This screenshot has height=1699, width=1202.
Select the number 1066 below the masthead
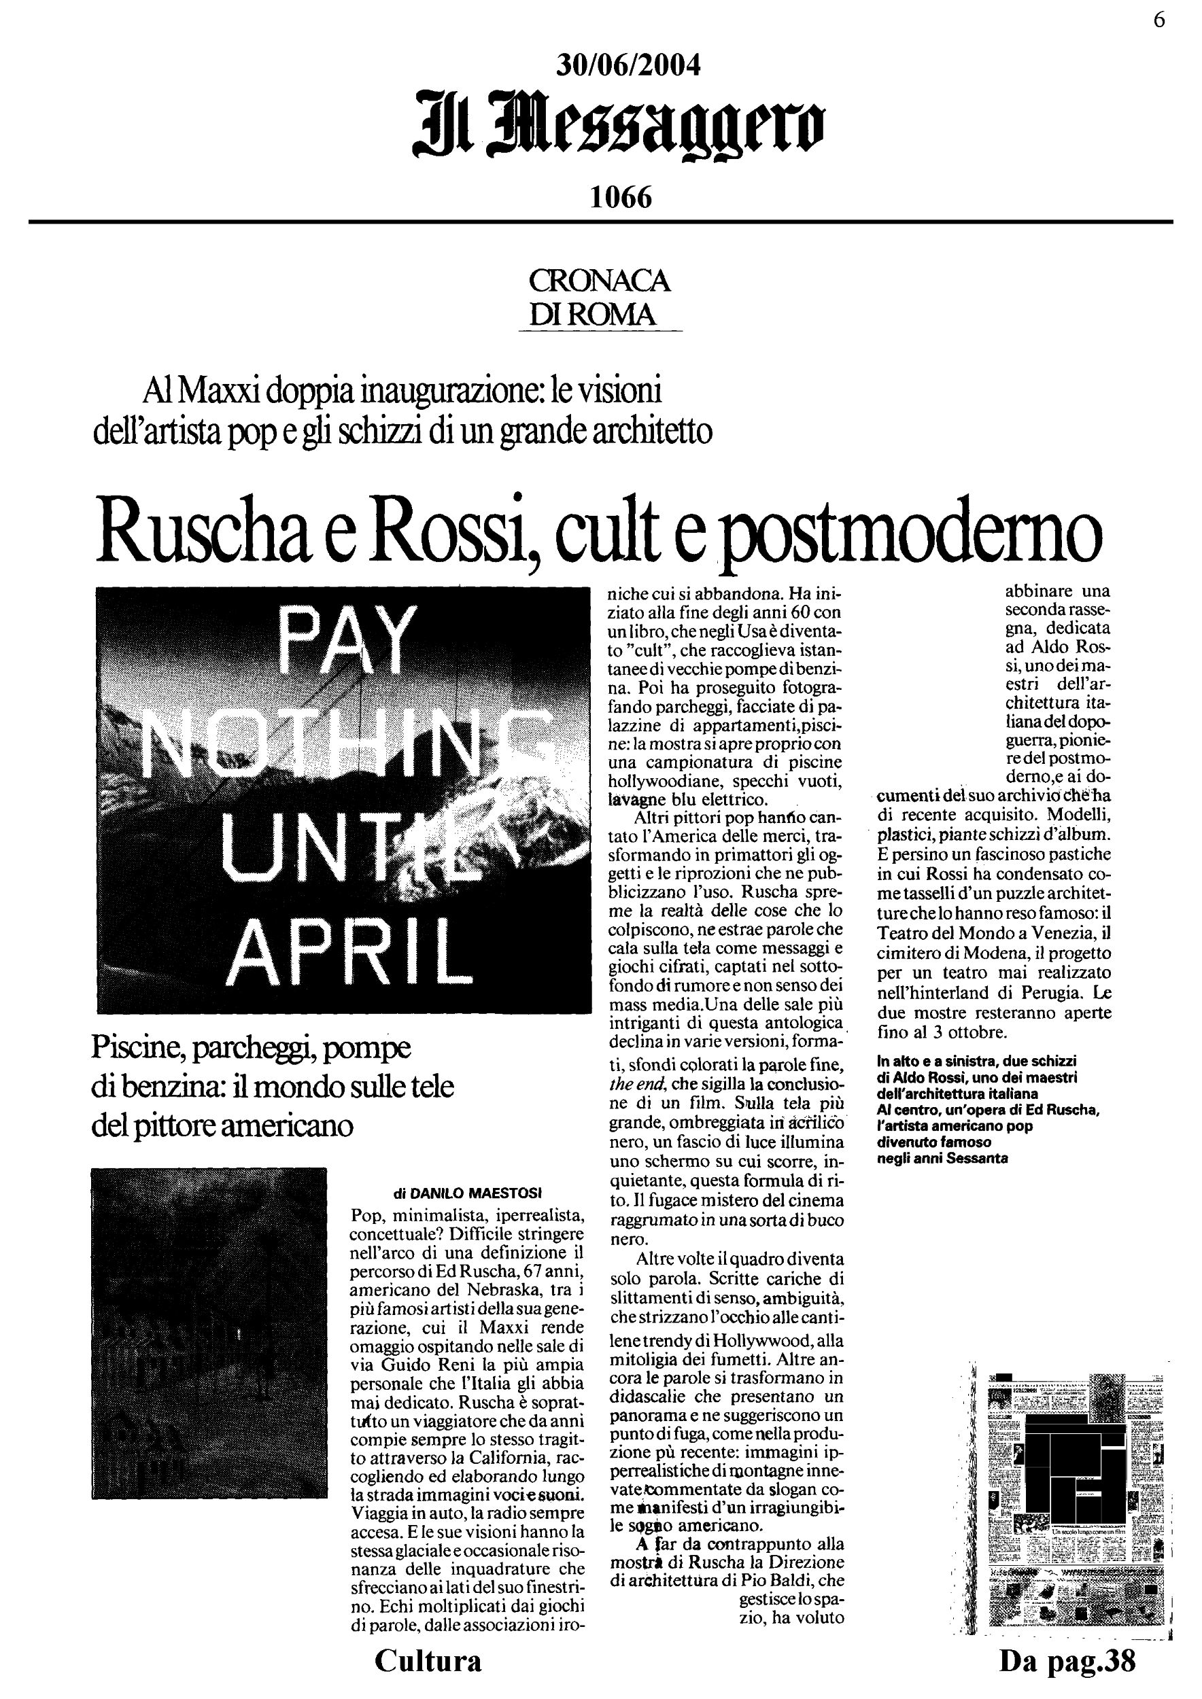[621, 198]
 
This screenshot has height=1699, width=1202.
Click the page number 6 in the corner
[1159, 20]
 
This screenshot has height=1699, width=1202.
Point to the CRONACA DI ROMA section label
[600, 298]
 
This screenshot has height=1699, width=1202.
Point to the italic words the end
[637, 1085]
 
